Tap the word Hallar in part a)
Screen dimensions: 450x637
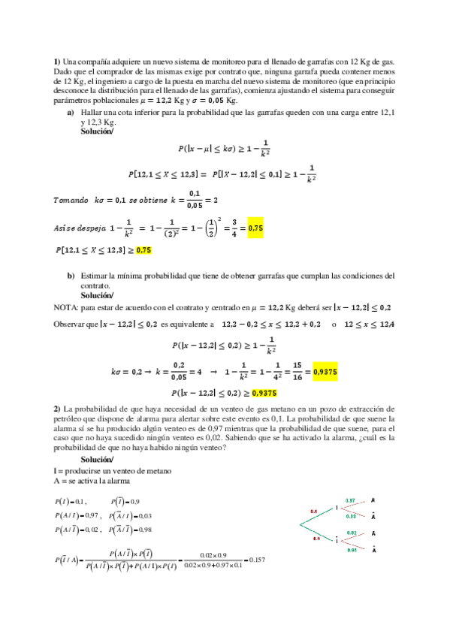click(x=92, y=113)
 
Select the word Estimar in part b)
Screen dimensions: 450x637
click(x=94, y=276)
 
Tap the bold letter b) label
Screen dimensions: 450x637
click(x=72, y=276)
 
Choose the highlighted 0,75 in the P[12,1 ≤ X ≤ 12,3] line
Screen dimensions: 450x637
click(x=143, y=250)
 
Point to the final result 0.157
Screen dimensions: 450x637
click(x=258, y=560)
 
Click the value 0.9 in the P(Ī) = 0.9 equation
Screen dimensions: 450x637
click(x=134, y=501)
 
